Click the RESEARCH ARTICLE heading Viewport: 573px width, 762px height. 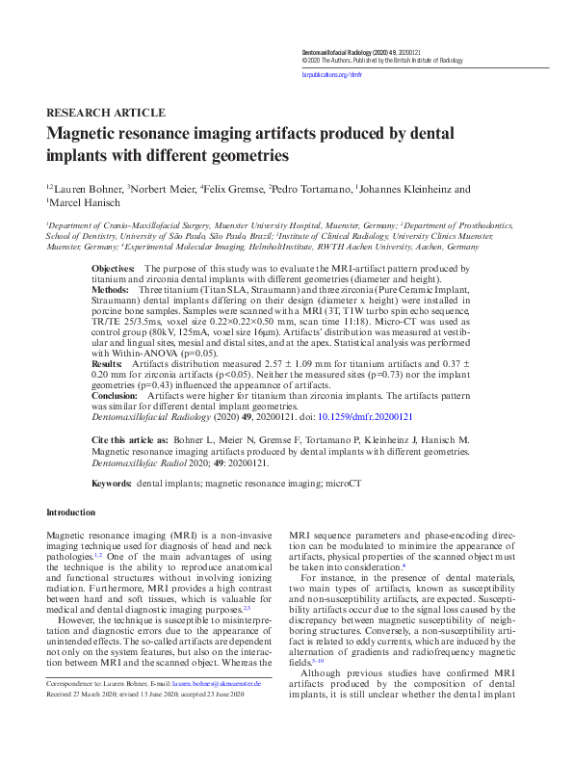coord(98,112)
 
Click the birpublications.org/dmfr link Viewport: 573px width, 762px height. coord(332,73)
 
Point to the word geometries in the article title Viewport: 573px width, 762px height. coord(246,154)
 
